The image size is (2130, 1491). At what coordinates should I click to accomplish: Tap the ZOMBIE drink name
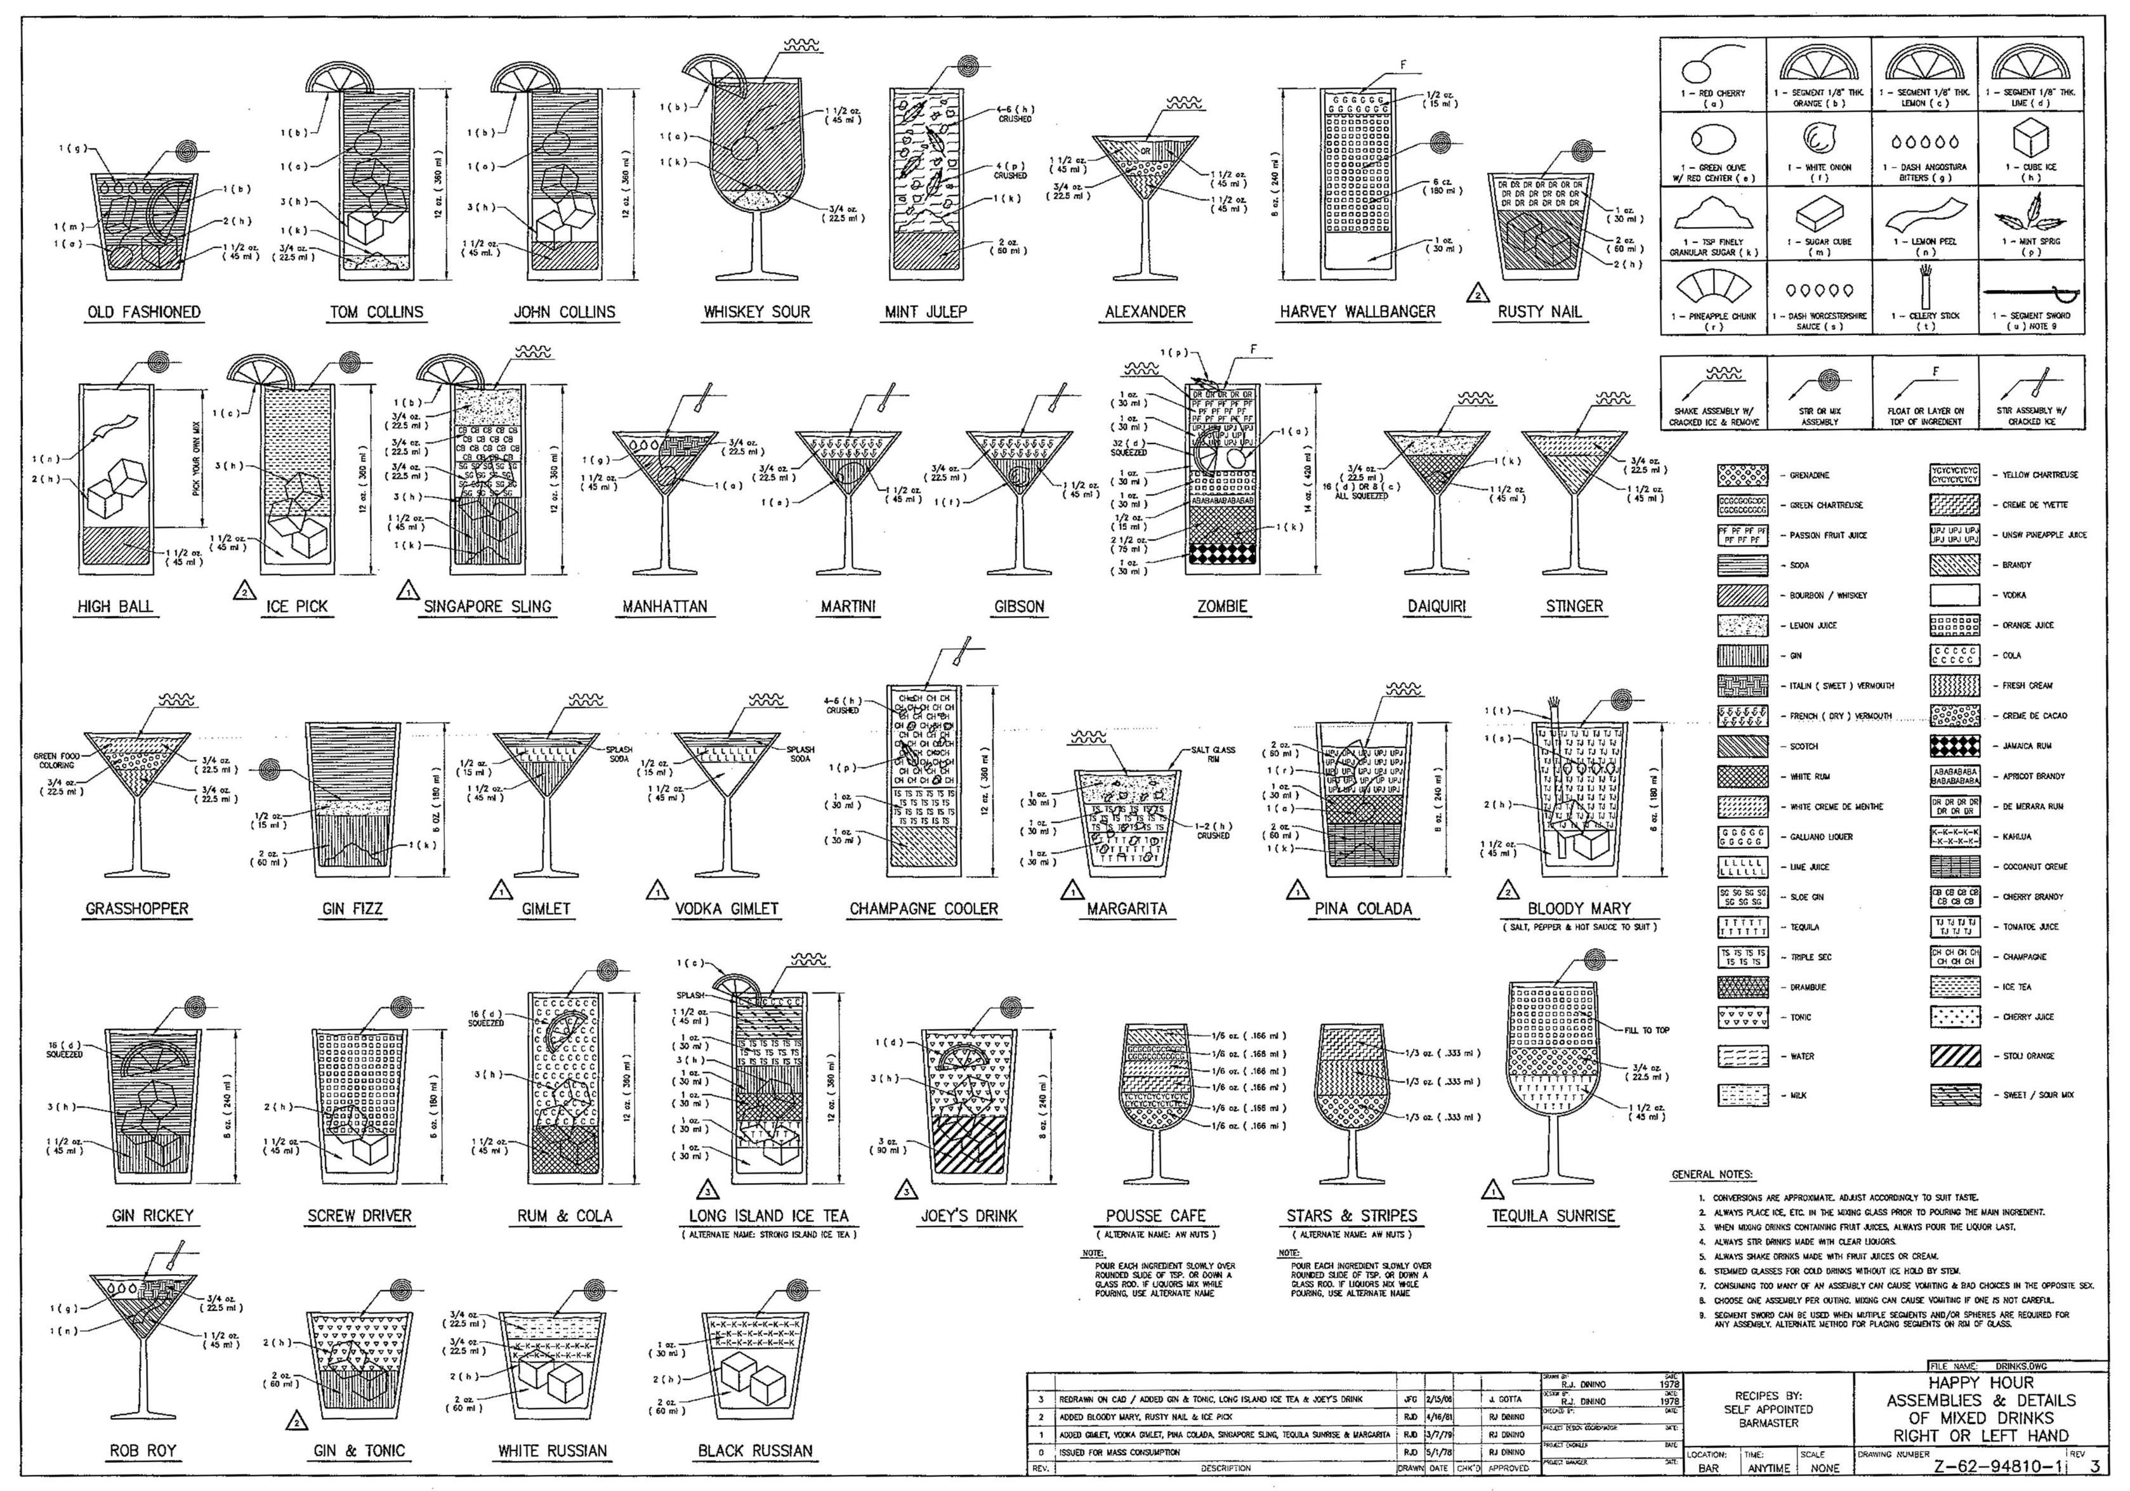coord(1222,607)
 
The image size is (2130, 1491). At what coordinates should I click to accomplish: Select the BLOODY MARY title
coord(1579,909)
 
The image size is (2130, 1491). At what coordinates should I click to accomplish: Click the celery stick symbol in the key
coord(1925,284)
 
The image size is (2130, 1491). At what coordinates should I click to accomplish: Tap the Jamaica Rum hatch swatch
coord(1955,746)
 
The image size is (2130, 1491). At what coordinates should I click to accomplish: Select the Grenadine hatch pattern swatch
coord(1742,475)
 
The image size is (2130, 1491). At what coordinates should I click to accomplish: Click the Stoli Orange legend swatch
coord(1955,1056)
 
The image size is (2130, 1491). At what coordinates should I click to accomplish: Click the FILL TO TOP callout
coord(1647,1030)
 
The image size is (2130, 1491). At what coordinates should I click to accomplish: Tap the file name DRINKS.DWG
coord(2005,1367)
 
